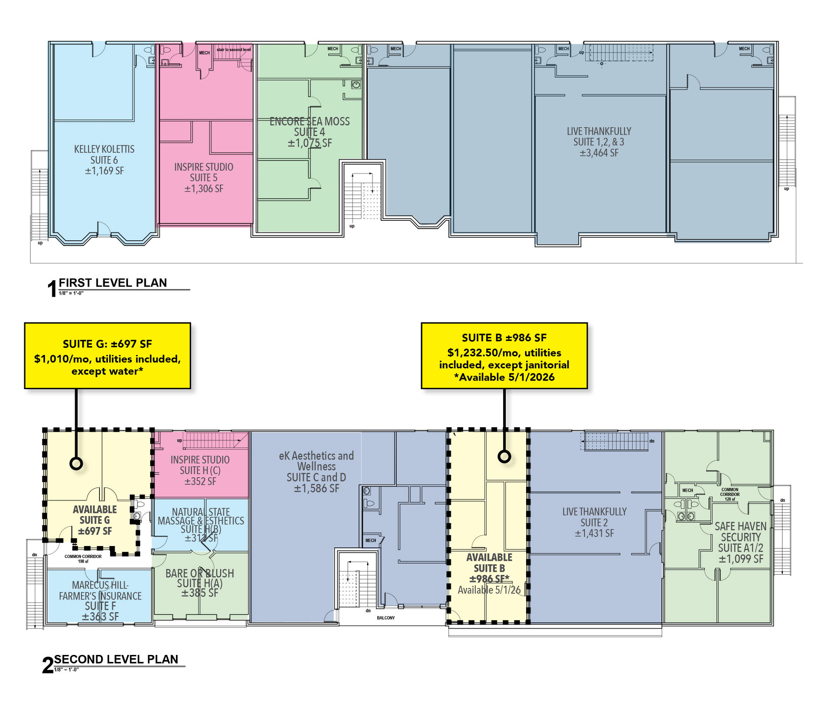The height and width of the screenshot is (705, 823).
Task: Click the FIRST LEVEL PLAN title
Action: pos(113,283)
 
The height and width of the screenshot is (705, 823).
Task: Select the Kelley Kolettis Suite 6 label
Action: pos(104,160)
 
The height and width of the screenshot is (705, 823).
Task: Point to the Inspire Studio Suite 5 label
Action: pos(204,178)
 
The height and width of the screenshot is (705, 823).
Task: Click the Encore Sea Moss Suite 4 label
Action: pos(310,132)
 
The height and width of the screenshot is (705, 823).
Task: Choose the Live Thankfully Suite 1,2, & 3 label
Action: pos(599,142)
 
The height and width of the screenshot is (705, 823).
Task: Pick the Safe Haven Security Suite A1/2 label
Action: pos(740,542)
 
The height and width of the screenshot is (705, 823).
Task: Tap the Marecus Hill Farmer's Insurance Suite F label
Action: pos(100,601)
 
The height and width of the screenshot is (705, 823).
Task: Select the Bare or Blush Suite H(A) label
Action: pos(200,583)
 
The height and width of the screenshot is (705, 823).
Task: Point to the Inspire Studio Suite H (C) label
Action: pos(200,470)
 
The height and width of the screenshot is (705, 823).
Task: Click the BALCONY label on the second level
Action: pos(386,618)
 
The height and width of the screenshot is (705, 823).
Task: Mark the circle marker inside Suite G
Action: pos(76,463)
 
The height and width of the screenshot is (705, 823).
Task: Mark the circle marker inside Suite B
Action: pos(504,456)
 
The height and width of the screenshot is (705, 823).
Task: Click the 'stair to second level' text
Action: pos(233,50)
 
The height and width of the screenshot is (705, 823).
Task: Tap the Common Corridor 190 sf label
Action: pos(83,558)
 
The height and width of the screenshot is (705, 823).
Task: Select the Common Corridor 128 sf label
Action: pos(730,494)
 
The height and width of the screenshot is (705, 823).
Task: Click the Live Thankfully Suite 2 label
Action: pos(594,522)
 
